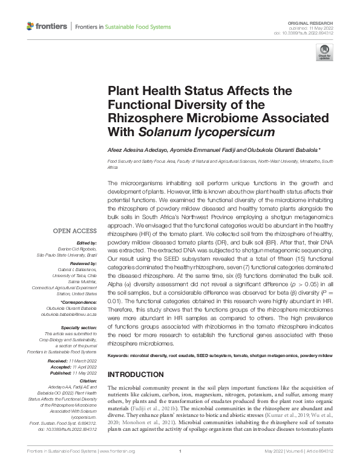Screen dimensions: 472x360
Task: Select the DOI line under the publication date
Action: (x=308, y=33)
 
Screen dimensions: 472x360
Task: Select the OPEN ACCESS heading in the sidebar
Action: (x=74, y=231)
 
